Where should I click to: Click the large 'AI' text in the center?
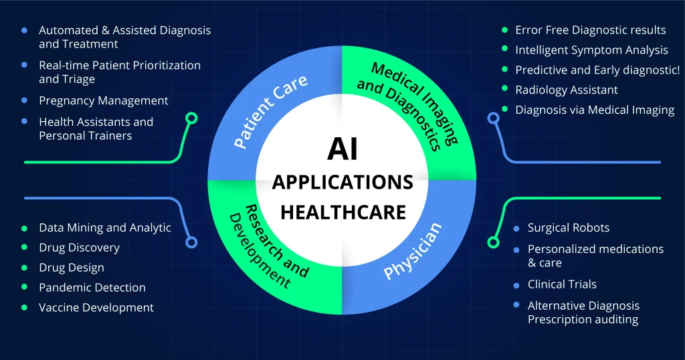click(x=342, y=149)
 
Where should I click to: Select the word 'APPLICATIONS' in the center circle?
click(x=342, y=182)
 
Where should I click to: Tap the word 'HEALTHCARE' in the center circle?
click(x=343, y=212)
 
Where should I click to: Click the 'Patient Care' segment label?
click(x=270, y=111)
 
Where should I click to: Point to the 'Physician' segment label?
click(x=412, y=251)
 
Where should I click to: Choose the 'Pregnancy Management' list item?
click(x=104, y=100)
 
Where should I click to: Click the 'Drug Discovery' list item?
click(x=79, y=248)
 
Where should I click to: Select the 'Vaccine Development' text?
click(x=96, y=308)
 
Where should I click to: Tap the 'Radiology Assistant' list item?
click(x=567, y=90)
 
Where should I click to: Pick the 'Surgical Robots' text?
click(x=569, y=228)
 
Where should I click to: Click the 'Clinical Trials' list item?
click(x=562, y=284)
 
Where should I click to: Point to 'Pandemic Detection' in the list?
click(x=92, y=288)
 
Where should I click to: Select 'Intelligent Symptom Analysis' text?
click(x=591, y=50)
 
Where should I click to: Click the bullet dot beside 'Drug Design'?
click(x=25, y=268)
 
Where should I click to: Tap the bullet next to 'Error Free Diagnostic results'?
click(x=504, y=30)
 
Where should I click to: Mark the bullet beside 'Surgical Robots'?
click(x=516, y=228)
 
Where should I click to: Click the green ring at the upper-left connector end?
click(x=191, y=118)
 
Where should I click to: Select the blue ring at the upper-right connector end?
click(x=493, y=118)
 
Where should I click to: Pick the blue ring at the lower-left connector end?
click(x=191, y=242)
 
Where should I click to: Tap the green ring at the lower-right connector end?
click(x=493, y=242)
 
